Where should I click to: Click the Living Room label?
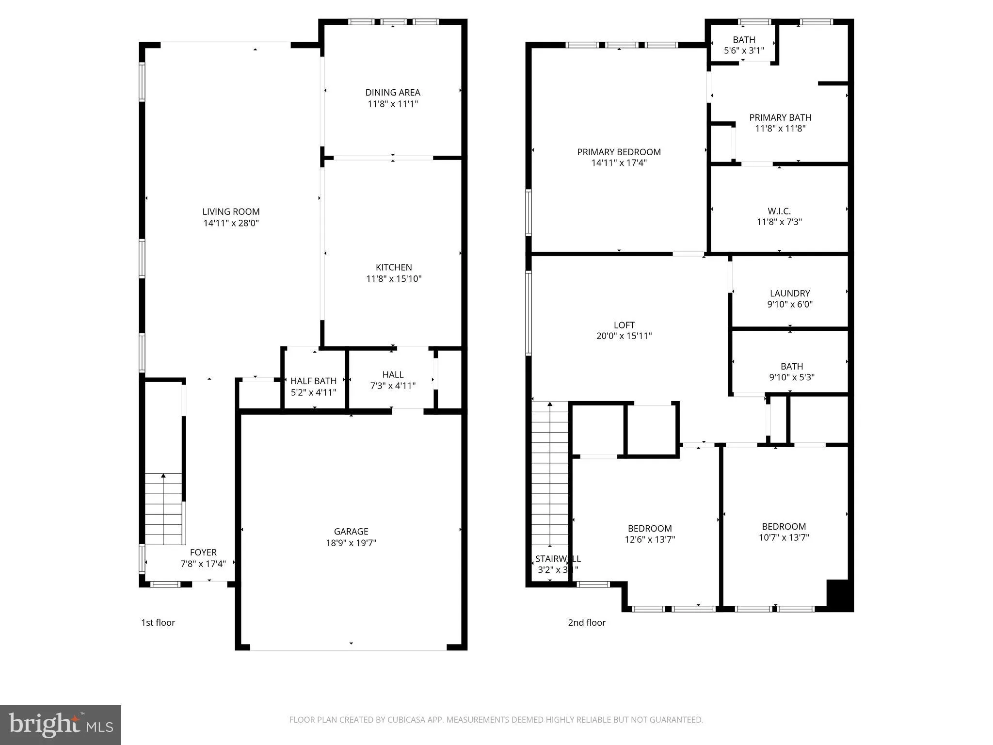tap(231, 211)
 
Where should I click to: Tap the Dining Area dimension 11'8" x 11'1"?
tap(393, 104)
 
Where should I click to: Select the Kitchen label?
tap(394, 267)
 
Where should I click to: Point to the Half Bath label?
tap(313, 381)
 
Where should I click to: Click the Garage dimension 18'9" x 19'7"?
tap(351, 543)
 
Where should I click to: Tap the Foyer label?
tap(203, 552)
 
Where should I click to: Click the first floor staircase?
tap(164, 509)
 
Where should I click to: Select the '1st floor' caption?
tap(158, 623)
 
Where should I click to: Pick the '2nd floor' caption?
tap(587, 623)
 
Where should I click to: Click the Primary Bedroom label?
tap(619, 152)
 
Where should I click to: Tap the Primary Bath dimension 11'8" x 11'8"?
tap(780, 129)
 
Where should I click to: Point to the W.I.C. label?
tap(779, 211)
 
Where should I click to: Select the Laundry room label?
tap(790, 293)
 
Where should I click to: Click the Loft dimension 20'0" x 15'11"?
tap(624, 336)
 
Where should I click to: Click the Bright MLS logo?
tap(61, 725)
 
